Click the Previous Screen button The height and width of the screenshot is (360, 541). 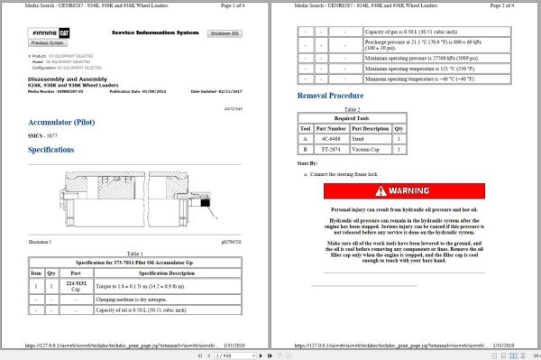pos(47,42)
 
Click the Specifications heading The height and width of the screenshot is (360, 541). pos(57,149)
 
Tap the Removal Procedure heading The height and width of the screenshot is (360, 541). pos(330,96)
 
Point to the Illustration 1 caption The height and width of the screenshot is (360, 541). pos(40,242)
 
